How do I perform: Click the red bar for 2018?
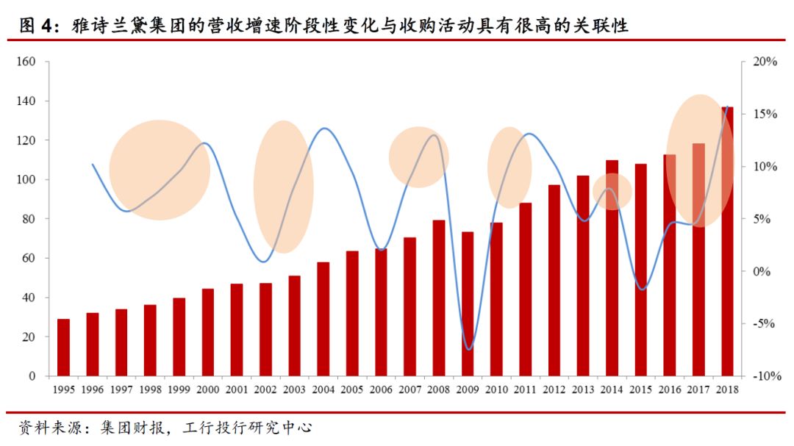coord(727,242)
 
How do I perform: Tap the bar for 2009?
coord(468,304)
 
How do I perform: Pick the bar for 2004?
coord(323,319)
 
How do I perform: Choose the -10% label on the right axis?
coord(763,376)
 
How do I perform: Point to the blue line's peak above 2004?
coord(324,129)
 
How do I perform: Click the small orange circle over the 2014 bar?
coord(612,193)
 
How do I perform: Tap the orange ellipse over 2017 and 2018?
coord(699,160)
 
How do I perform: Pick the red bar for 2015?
coord(641,270)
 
